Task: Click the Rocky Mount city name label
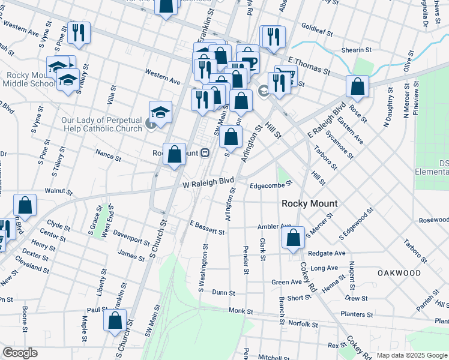coord(310,203)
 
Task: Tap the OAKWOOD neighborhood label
coord(399,273)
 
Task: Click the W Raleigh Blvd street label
coord(208,181)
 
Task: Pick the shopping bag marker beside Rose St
coord(357,86)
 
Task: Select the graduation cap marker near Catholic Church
coord(160,112)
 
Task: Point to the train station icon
coord(205,153)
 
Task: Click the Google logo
coord(20,353)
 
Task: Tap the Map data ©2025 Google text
coord(412,355)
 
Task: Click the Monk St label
coord(241,311)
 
